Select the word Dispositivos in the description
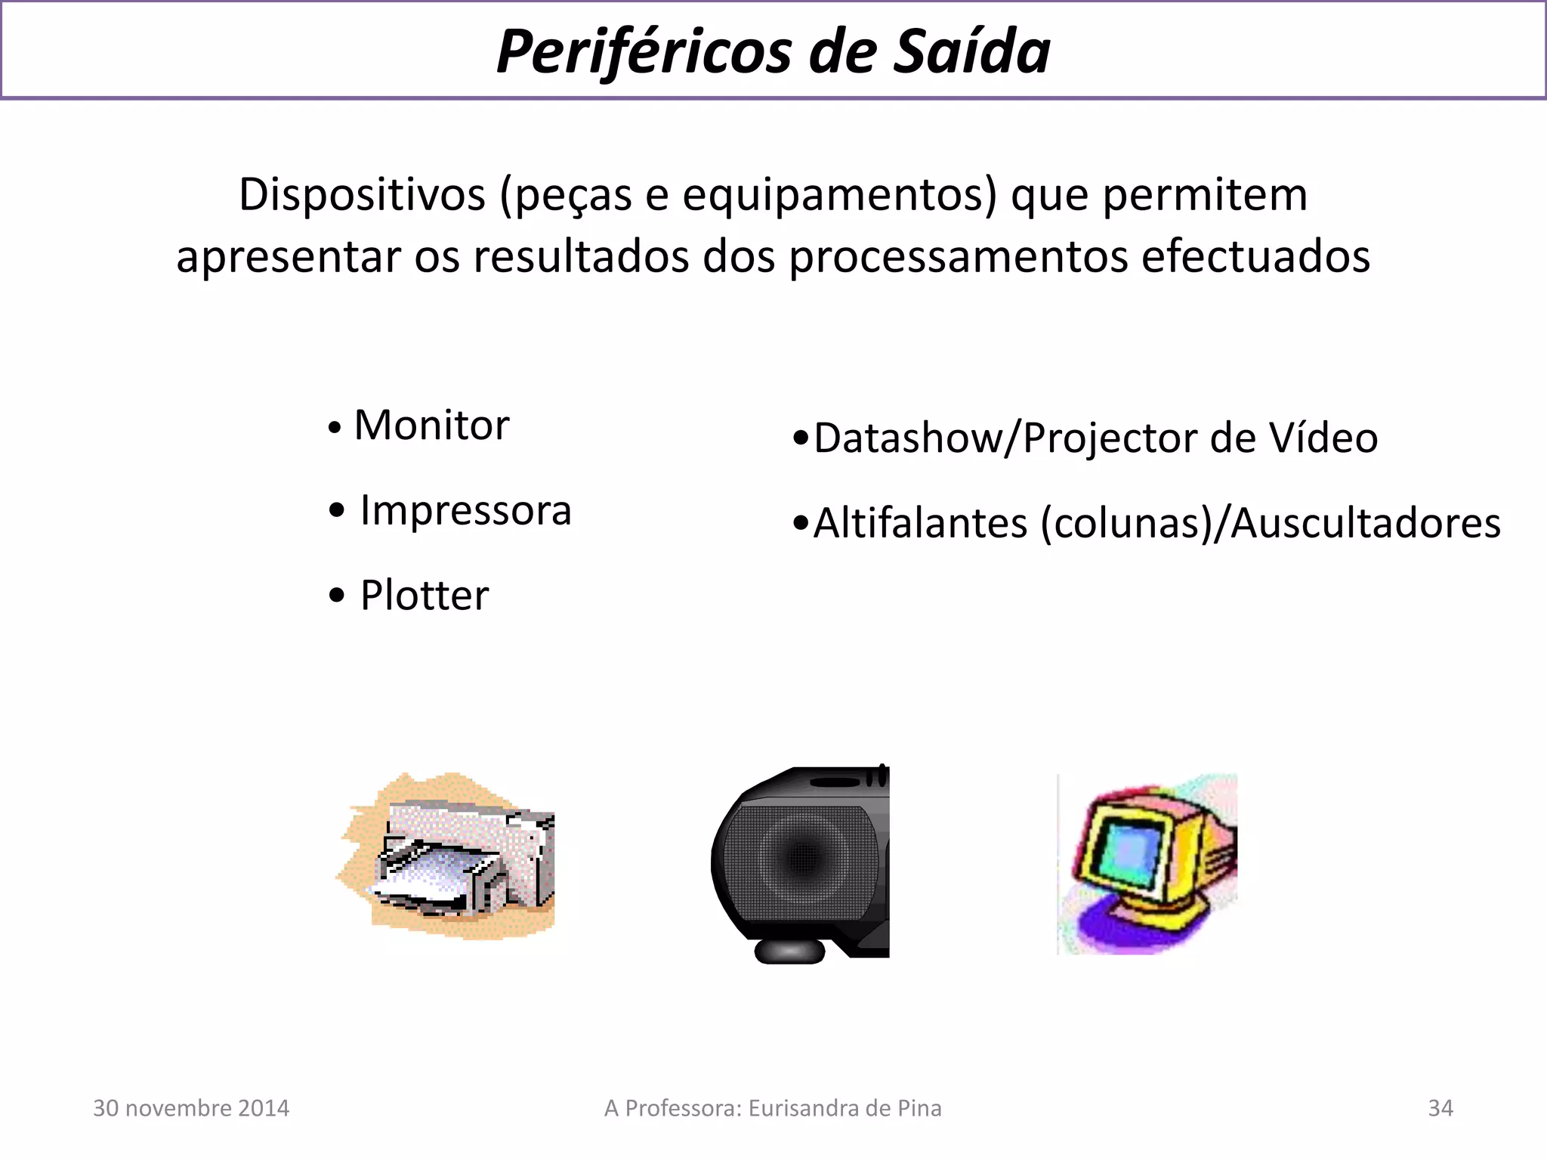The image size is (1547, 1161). [x=362, y=195]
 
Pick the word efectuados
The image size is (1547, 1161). [x=1255, y=257]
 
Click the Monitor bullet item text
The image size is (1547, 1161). [x=431, y=426]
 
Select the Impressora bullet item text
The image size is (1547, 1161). [x=465, y=510]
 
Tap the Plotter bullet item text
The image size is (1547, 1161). [x=425, y=596]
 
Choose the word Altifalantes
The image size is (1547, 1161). [x=920, y=523]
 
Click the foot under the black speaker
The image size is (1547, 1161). [x=789, y=951]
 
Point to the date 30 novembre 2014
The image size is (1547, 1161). [x=191, y=1108]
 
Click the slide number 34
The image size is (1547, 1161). [x=1440, y=1108]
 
